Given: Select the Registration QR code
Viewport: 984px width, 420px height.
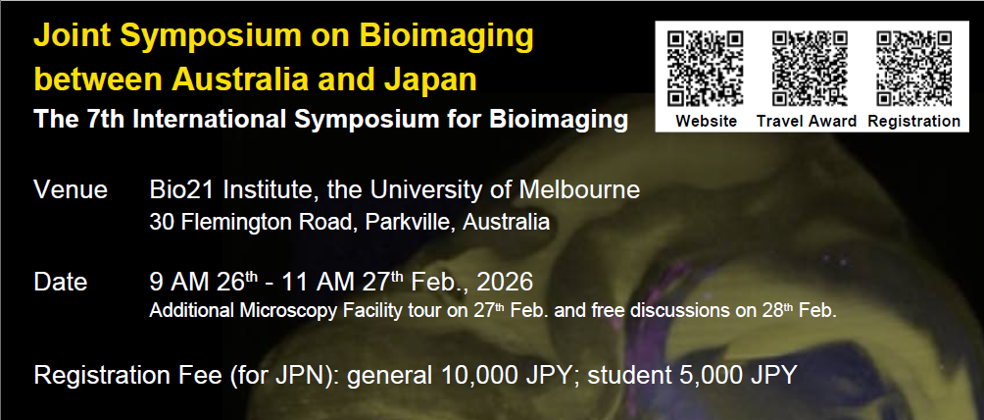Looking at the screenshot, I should [914, 69].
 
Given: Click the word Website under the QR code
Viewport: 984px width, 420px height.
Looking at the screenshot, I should [706, 121].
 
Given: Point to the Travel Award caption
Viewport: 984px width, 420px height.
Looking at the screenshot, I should [807, 121].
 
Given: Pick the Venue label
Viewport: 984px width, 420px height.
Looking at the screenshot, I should [71, 189].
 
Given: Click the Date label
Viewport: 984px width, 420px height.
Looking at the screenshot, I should [60, 283].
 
